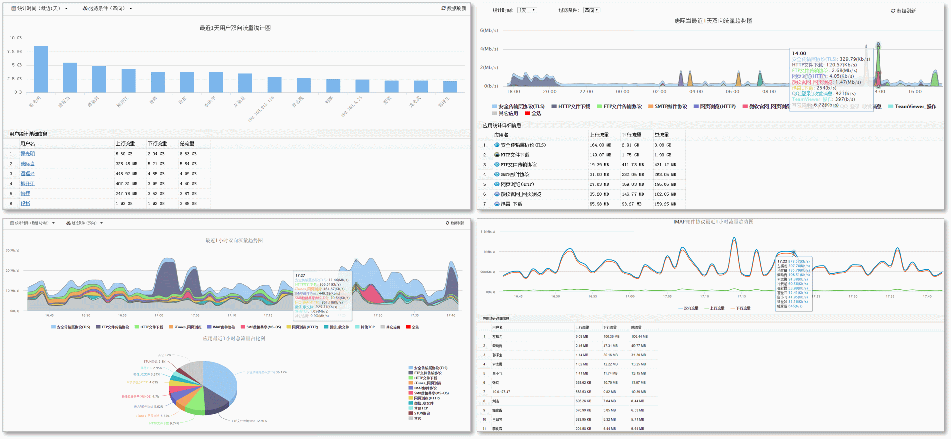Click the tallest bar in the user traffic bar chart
pos(41,69)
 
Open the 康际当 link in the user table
pos(28,164)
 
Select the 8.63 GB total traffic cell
pos(188,154)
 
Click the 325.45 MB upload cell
pos(126,164)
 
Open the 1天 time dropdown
pos(527,10)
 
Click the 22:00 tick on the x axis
pos(586,92)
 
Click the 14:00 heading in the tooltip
pos(799,53)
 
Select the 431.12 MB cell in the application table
pos(665,165)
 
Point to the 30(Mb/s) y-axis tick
pos(13,250)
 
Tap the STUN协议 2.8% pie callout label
pos(154,361)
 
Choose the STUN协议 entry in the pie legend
pos(422,413)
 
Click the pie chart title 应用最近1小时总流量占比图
pos(234,338)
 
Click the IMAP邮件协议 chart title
pos(713,222)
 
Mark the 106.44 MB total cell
pos(639,337)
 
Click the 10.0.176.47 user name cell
pos(501,392)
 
